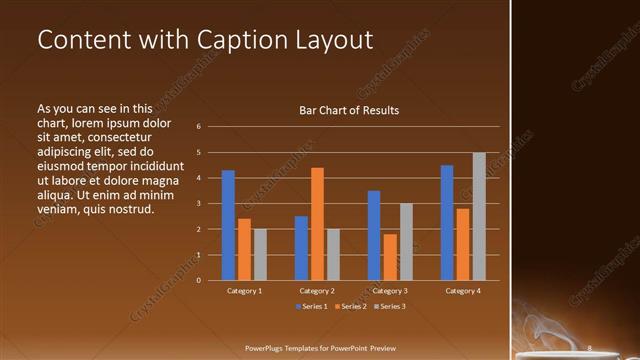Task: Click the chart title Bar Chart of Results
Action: tap(349, 110)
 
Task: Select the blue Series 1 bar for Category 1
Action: tap(228, 225)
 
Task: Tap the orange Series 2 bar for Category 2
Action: tap(317, 224)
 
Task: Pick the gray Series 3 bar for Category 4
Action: tap(479, 216)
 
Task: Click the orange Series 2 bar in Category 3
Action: tap(390, 257)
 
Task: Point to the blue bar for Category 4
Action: tap(447, 222)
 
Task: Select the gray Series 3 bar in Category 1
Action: tap(260, 254)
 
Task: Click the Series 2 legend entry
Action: tap(350, 306)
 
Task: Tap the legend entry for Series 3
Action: tap(389, 306)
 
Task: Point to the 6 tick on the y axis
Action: tap(199, 127)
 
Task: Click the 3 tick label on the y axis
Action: tap(199, 204)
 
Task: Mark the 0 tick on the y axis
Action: tap(199, 281)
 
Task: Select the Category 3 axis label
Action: tap(390, 291)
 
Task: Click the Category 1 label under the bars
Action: tap(244, 291)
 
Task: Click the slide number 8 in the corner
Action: tap(590, 348)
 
